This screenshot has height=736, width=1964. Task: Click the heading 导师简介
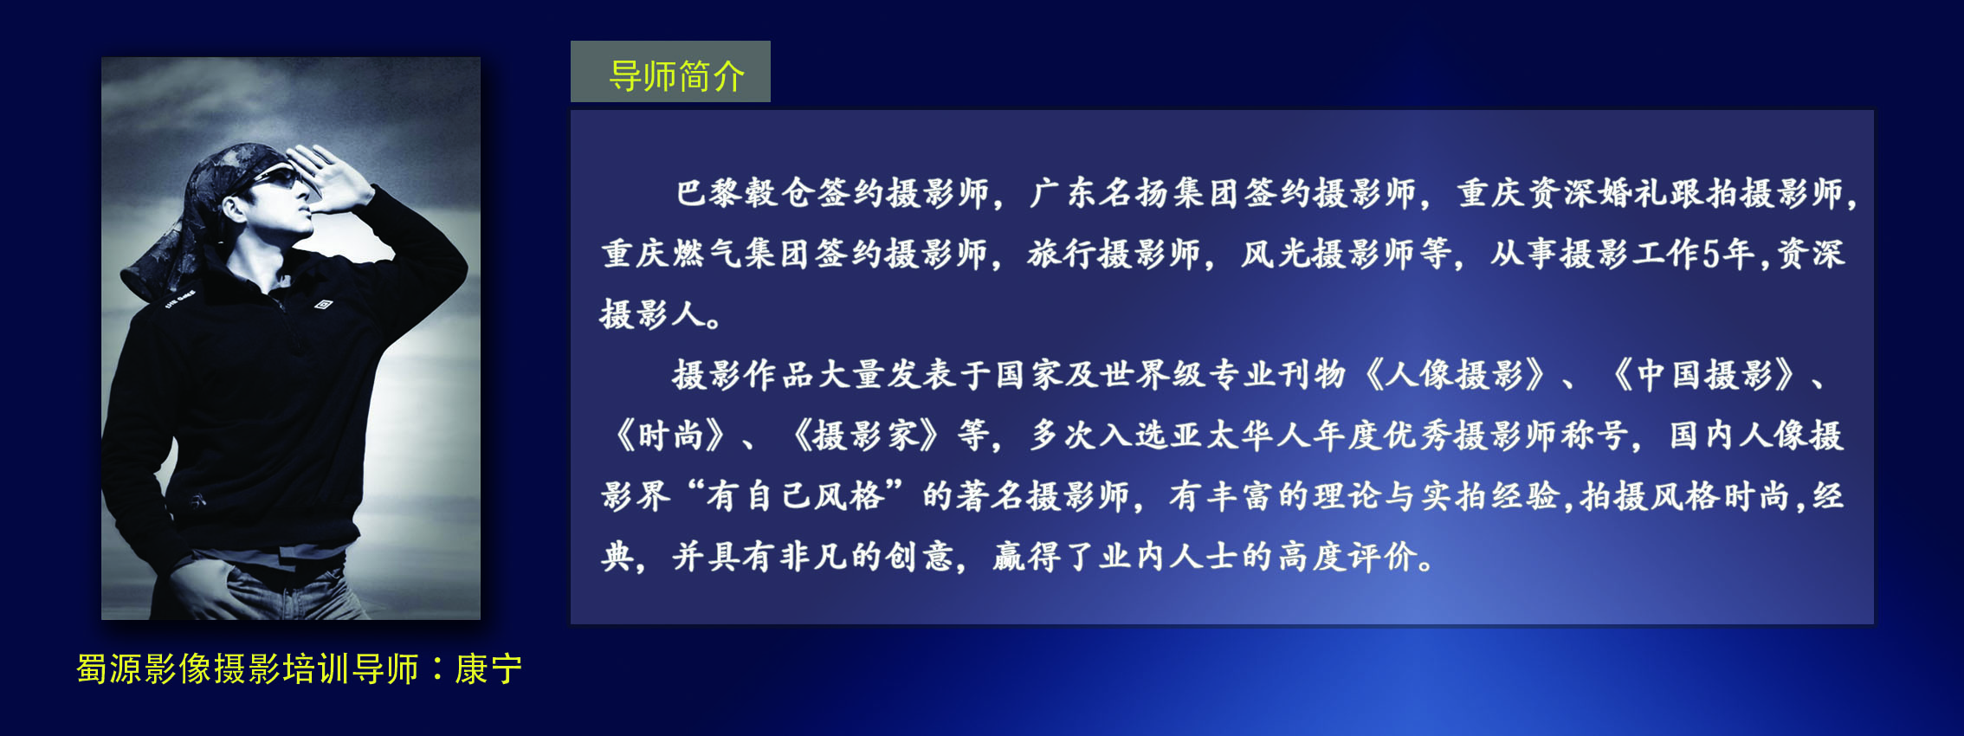[x=676, y=76]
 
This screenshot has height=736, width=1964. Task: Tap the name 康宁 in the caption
[x=488, y=668]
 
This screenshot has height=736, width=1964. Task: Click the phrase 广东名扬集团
[x=1134, y=193]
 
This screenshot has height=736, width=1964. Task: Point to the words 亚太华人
[x=1240, y=436]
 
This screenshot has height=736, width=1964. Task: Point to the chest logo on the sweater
[x=322, y=304]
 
